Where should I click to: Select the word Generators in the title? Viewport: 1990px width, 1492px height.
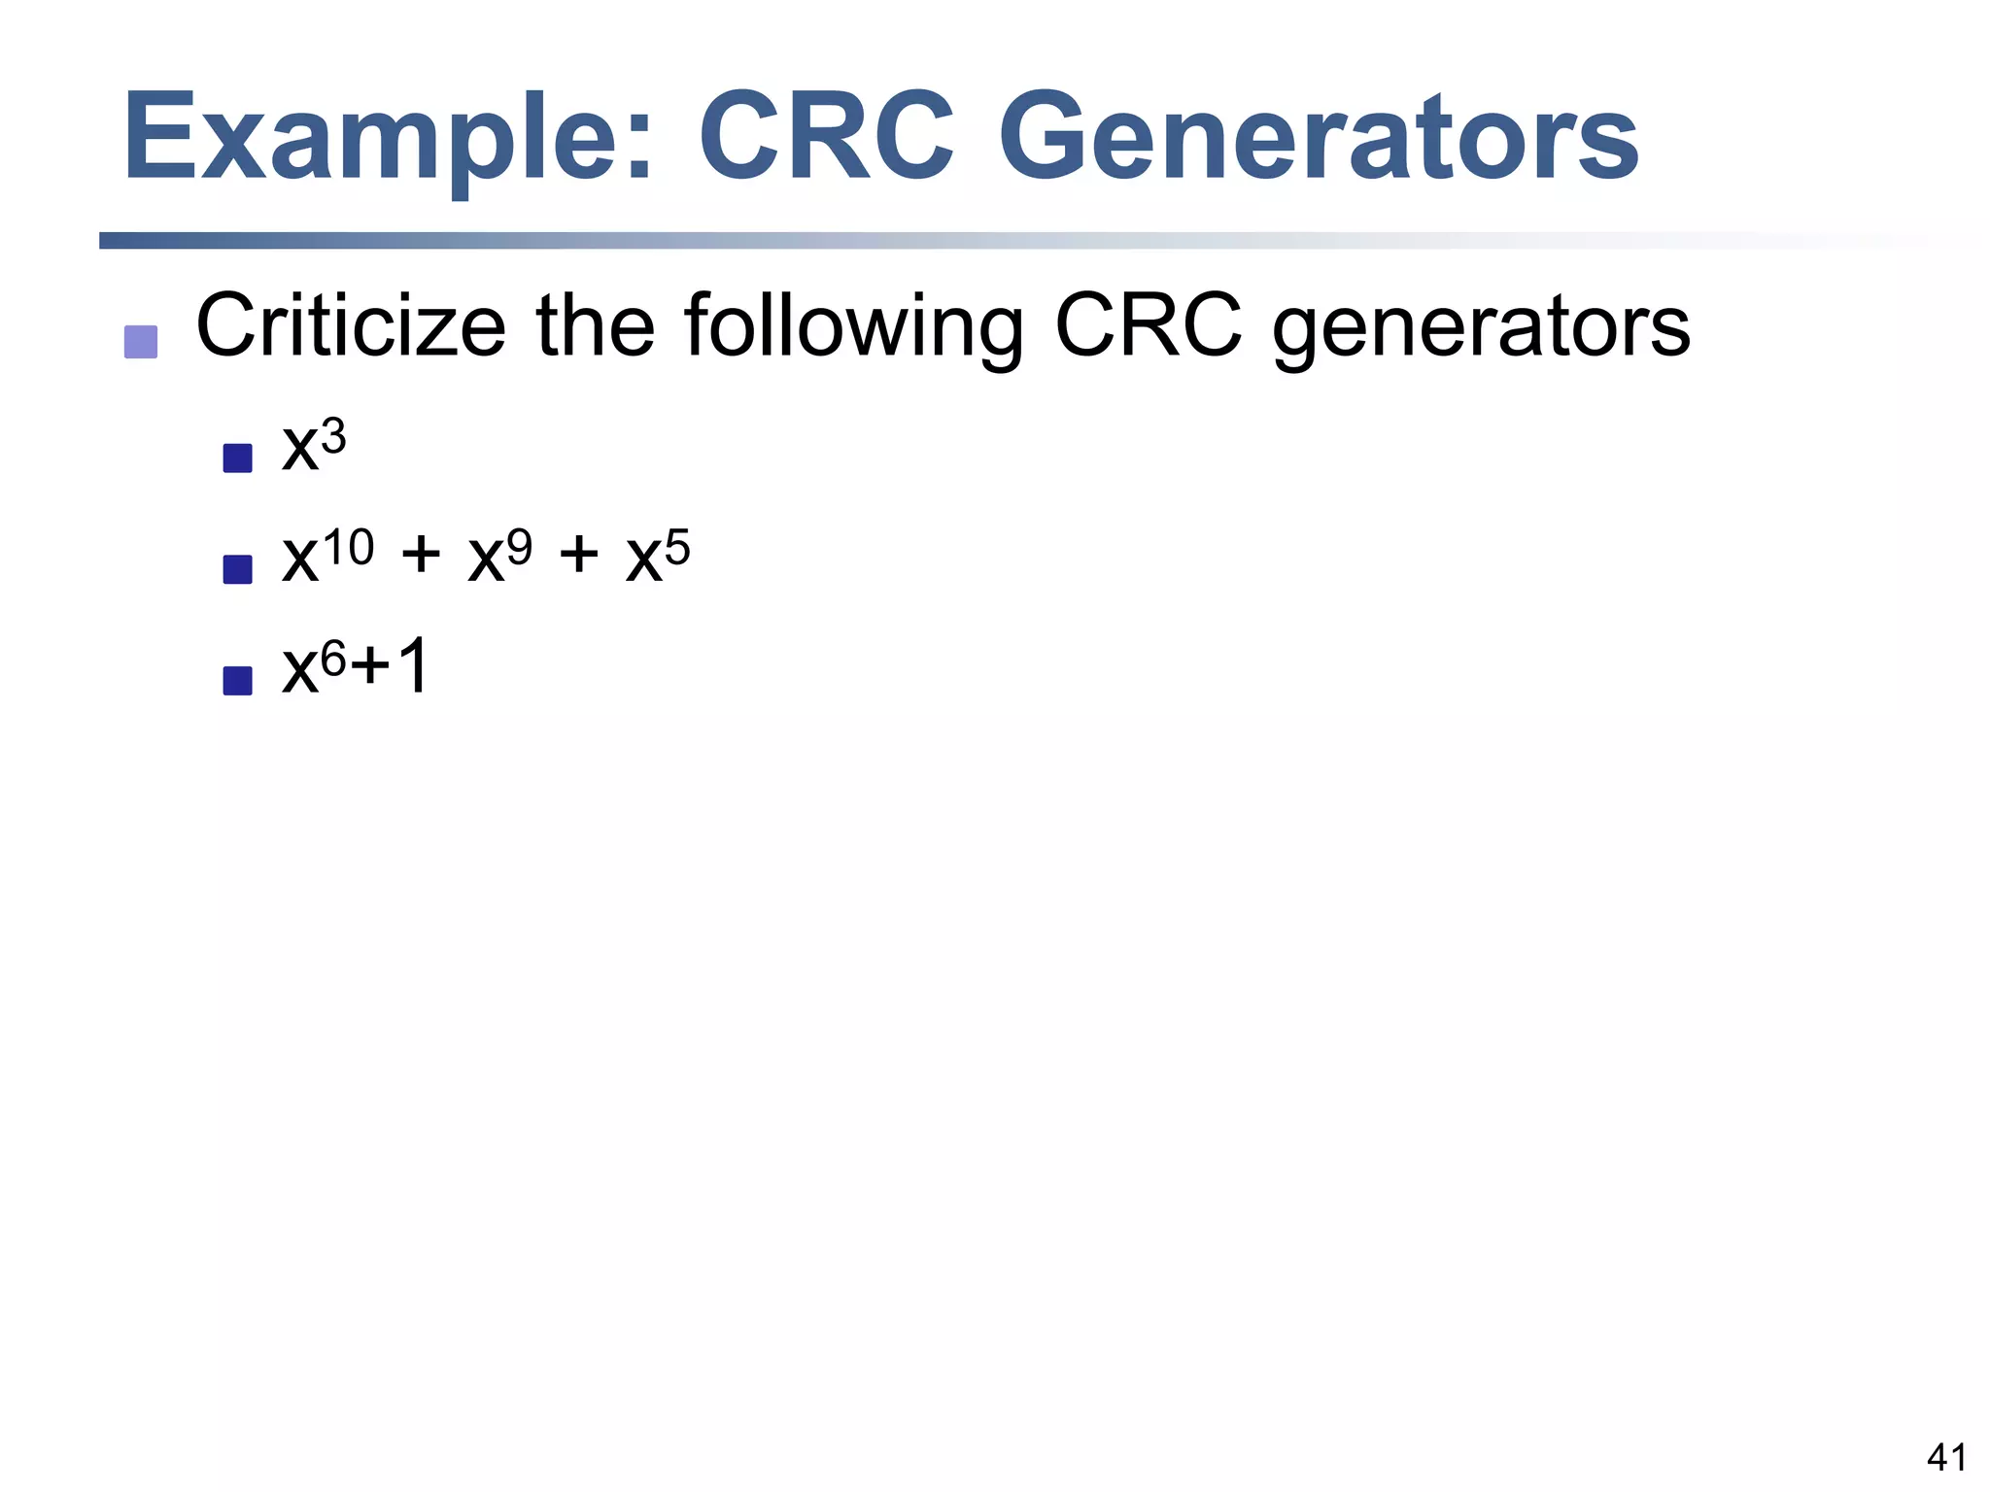point(1320,139)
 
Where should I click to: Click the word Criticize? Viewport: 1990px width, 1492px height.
point(351,325)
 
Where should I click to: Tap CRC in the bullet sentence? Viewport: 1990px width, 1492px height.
point(1149,325)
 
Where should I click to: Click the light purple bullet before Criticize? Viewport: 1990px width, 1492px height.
point(141,342)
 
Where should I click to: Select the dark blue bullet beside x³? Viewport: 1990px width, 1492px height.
point(237,458)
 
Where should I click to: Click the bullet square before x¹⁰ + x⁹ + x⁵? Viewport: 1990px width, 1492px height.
point(237,569)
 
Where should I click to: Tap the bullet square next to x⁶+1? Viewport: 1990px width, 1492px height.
point(237,680)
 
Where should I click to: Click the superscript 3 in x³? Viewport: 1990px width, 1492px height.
point(333,437)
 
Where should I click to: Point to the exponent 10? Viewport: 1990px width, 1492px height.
point(348,548)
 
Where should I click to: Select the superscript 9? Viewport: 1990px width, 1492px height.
point(520,548)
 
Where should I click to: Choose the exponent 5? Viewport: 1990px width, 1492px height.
point(677,548)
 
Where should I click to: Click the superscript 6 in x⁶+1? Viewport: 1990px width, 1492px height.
point(333,660)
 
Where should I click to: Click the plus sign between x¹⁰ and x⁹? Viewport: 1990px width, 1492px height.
point(421,558)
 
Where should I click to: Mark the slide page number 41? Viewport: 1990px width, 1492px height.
point(1946,1457)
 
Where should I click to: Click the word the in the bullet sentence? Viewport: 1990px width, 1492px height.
point(595,325)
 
